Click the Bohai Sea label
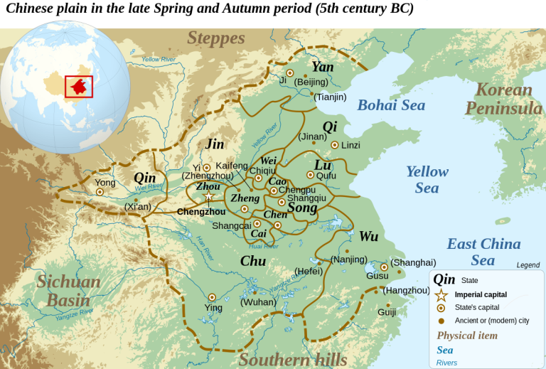391,105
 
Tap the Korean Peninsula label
503,99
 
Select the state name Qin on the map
144,177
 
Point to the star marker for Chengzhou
208,196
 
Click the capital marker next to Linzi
334,145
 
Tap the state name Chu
252,261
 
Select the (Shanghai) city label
414,262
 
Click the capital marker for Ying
212,297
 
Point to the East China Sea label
483,252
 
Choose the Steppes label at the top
216,38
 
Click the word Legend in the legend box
528,265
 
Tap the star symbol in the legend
441,294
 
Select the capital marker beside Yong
100,191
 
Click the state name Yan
322,67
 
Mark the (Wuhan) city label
258,302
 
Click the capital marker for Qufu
310,175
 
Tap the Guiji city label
387,311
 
